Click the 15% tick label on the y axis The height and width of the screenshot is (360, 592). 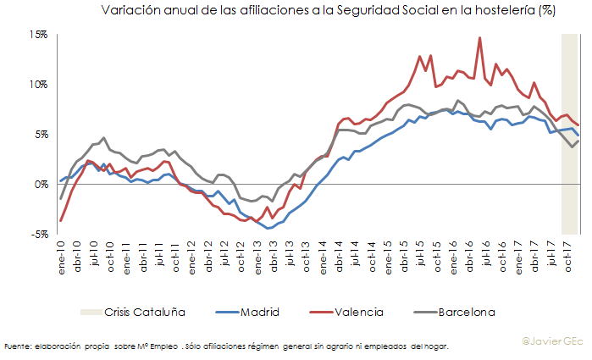[x=40, y=35]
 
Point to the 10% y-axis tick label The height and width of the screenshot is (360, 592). [x=40, y=85]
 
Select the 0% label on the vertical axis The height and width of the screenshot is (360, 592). [x=42, y=185]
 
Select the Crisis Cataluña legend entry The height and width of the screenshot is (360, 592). [x=144, y=312]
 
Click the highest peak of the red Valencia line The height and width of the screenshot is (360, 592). [x=480, y=37]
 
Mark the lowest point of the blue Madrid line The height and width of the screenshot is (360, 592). [x=268, y=229]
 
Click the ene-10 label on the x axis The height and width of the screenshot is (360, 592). [x=61, y=252]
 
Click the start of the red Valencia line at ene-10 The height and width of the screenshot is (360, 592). [x=61, y=221]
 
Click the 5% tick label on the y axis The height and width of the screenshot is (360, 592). [x=42, y=135]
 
